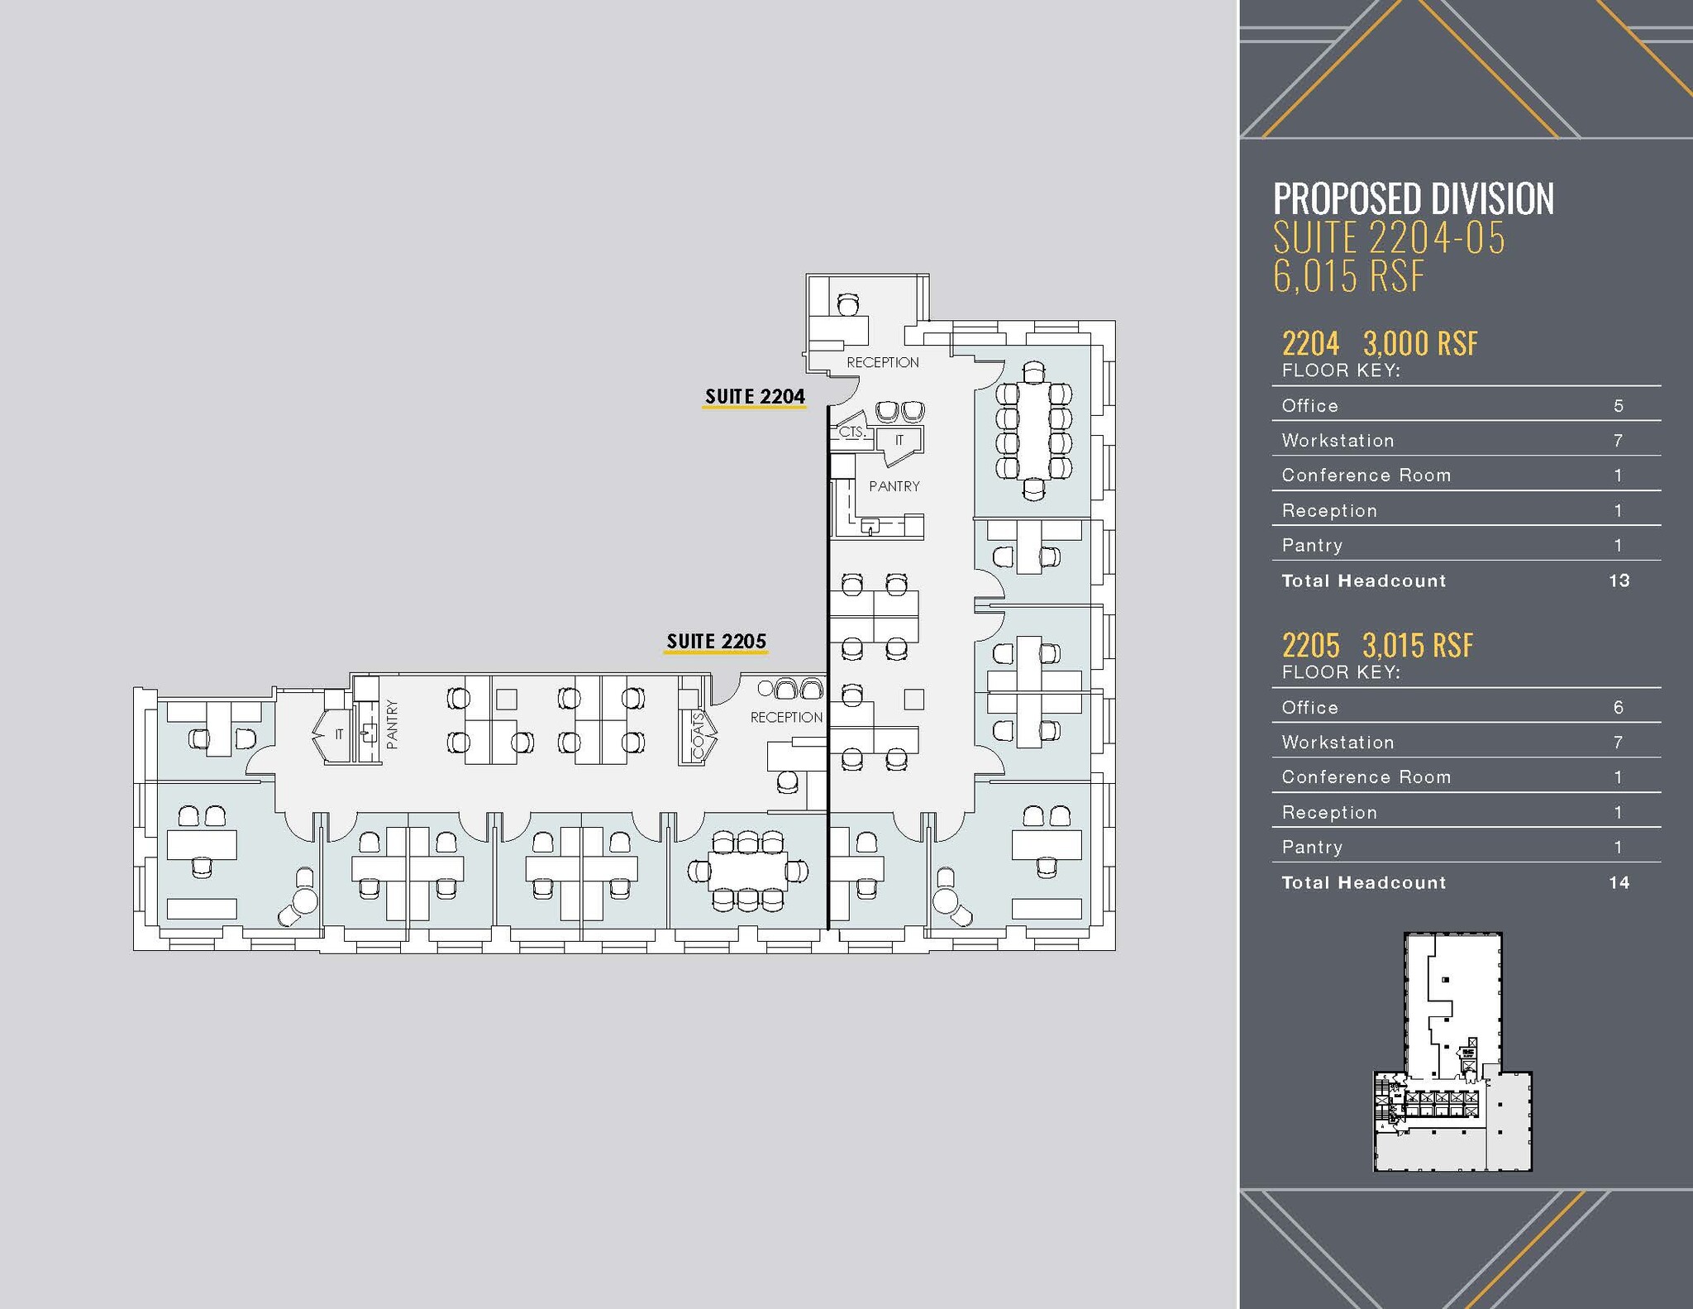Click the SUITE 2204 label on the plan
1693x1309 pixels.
point(754,396)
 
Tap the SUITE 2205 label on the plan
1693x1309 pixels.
point(716,641)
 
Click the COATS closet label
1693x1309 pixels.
point(698,734)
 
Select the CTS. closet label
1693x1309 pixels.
point(851,432)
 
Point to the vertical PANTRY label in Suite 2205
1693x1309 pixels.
point(392,724)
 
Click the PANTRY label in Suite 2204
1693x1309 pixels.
point(894,486)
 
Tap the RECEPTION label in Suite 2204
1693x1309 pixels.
point(882,362)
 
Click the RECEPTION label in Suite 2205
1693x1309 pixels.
point(786,717)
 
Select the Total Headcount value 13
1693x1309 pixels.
point(1619,580)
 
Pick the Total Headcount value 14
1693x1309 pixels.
point(1619,882)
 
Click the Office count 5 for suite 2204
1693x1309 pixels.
point(1619,406)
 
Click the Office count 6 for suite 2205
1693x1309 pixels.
point(1619,708)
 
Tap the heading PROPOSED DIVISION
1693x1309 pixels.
point(1413,199)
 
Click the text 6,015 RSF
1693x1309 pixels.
point(1348,276)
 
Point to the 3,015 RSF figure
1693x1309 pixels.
point(1418,645)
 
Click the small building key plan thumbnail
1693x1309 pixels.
point(1452,1052)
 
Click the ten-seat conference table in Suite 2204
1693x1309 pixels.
point(1033,430)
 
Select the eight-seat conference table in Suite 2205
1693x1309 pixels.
point(748,871)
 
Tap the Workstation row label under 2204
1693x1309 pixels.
point(1338,441)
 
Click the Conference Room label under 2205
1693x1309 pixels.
point(1366,777)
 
